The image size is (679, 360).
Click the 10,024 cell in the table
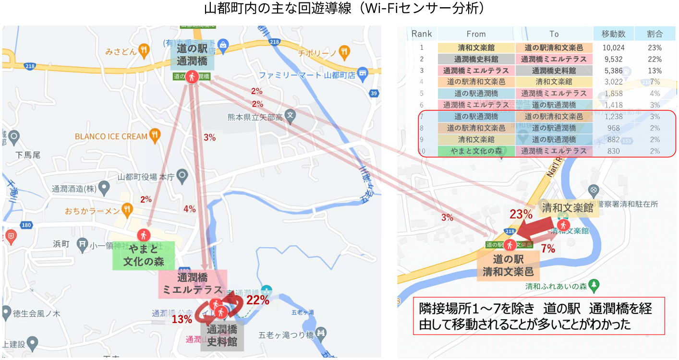pyautogui.click(x=614, y=48)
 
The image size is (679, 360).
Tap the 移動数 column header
pyautogui.click(x=614, y=34)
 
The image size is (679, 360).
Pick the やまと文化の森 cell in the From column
pyautogui.click(x=475, y=151)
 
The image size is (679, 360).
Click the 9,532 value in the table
pyautogui.click(x=614, y=59)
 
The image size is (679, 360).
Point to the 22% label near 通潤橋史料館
pyautogui.click(x=257, y=301)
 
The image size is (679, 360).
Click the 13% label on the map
pyautogui.click(x=182, y=319)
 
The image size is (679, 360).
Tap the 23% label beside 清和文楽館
pyautogui.click(x=521, y=215)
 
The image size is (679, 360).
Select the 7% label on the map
pyautogui.click(x=548, y=249)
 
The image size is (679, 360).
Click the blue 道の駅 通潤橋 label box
pyautogui.click(x=192, y=55)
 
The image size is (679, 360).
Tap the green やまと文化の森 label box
pyautogui.click(x=144, y=256)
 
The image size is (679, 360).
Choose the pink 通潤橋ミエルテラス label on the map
pyautogui.click(x=192, y=284)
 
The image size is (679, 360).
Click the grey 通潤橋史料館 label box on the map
pyautogui.click(x=221, y=336)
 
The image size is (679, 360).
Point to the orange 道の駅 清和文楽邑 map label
pyautogui.click(x=508, y=265)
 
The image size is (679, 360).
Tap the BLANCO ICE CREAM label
pyautogui.click(x=111, y=136)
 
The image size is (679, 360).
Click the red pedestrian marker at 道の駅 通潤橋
pyautogui.click(x=192, y=76)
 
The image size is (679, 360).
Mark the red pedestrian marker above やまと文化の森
pyautogui.click(x=143, y=235)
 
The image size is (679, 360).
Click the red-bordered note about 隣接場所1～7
pyautogui.click(x=538, y=315)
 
